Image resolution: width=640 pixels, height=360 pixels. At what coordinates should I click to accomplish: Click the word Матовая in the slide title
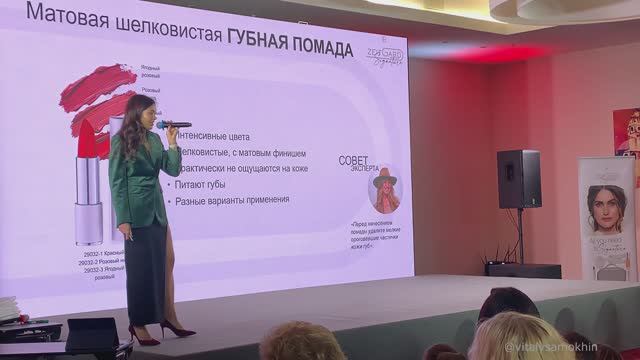click(x=65, y=16)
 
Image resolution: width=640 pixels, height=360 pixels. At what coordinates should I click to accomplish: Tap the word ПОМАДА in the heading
click(x=315, y=48)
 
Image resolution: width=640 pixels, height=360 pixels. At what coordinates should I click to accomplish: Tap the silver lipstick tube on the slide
click(x=89, y=200)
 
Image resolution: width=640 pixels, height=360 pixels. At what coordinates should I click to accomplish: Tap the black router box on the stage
click(x=524, y=270)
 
